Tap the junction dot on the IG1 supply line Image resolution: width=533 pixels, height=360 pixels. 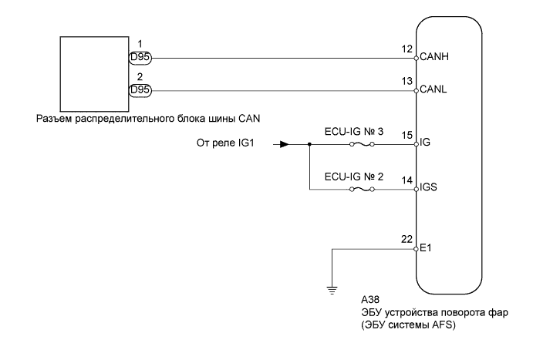(309, 144)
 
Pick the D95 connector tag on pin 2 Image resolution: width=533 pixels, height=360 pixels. (140, 90)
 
